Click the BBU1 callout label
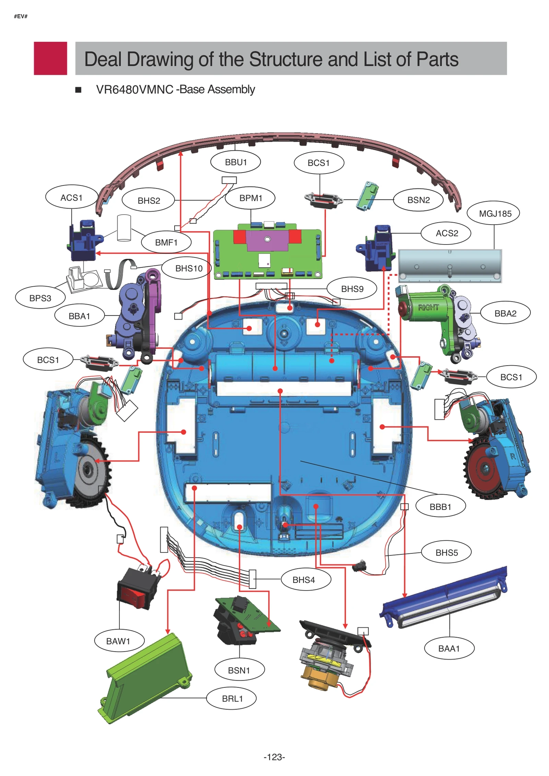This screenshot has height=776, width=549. pyautogui.click(x=235, y=162)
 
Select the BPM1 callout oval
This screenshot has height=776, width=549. pyautogui.click(x=250, y=198)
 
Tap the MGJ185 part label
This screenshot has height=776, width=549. pyautogui.click(x=494, y=213)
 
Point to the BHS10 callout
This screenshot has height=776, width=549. pyautogui.click(x=189, y=268)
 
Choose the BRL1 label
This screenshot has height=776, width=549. pyautogui.click(x=232, y=698)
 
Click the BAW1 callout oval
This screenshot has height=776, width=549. pyautogui.click(x=118, y=641)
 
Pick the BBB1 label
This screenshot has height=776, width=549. pyautogui.click(x=440, y=506)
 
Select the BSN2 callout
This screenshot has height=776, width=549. pyautogui.click(x=418, y=200)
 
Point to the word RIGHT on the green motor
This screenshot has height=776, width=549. pyautogui.click(x=428, y=307)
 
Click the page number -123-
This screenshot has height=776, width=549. pyautogui.click(x=274, y=757)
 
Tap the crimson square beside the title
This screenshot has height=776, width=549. pyautogui.click(x=50, y=58)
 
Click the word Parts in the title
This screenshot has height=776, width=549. pyautogui.click(x=437, y=59)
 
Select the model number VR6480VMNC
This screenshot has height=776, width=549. pyautogui.click(x=135, y=89)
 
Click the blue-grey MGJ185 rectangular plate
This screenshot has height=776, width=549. pyautogui.click(x=449, y=266)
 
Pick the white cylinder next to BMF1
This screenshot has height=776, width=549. pyautogui.click(x=124, y=228)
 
